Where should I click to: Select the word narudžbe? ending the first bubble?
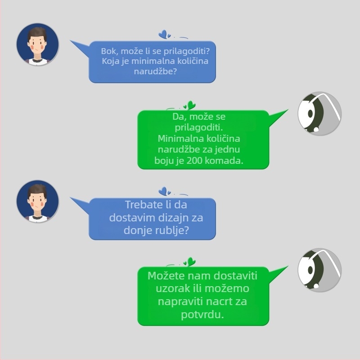pyautogui.click(x=155, y=72)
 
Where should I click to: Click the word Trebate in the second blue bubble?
pyautogui.click(x=142, y=205)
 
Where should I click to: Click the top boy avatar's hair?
pyautogui.click(x=37, y=33)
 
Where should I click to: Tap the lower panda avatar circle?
pyautogui.click(x=319, y=270)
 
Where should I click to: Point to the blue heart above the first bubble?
pyautogui.click(x=163, y=34)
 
